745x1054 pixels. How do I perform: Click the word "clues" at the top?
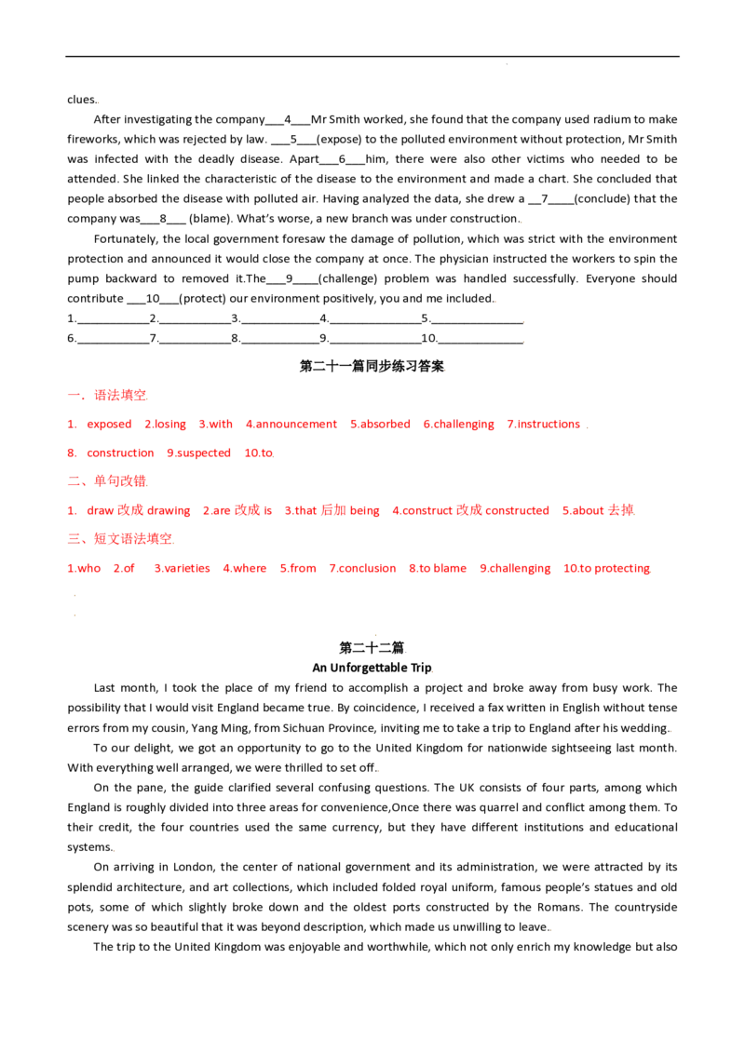(81, 100)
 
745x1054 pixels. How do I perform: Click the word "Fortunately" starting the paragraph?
(126, 238)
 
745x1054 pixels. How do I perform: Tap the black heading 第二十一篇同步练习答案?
(372, 366)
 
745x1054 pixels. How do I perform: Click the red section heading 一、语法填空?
(107, 395)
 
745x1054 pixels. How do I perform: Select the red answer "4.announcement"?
(291, 425)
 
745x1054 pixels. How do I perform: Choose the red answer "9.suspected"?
(199, 453)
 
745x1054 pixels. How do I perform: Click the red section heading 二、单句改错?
(107, 481)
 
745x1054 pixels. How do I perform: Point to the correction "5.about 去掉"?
(599, 510)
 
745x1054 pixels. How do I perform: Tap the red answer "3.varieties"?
(183, 568)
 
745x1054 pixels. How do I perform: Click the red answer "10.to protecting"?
(606, 569)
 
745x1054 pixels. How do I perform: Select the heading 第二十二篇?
(372, 648)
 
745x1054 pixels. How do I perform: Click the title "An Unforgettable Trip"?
(372, 668)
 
